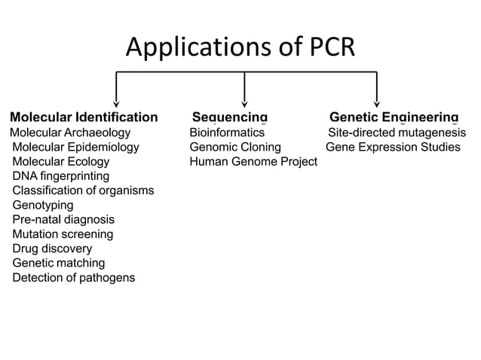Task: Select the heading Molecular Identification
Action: pyautogui.click(x=84, y=117)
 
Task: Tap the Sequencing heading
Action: pyautogui.click(x=229, y=117)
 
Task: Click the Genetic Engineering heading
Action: pyautogui.click(x=394, y=117)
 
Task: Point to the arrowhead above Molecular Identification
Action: pyautogui.click(x=115, y=103)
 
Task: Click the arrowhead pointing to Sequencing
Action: pyautogui.click(x=244, y=103)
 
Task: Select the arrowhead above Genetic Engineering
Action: pyautogui.click(x=376, y=103)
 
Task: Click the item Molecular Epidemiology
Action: pyautogui.click(x=75, y=147)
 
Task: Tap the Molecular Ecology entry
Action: pyautogui.click(x=60, y=162)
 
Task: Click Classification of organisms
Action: pyautogui.click(x=83, y=191)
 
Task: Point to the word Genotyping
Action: pyautogui.click(x=43, y=205)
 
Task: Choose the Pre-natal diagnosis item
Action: pyautogui.click(x=63, y=220)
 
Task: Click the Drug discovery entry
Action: pyautogui.click(x=52, y=249)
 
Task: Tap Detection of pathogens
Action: pyautogui.click(x=74, y=278)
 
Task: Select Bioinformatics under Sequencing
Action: pyautogui.click(x=226, y=133)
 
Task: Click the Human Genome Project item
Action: pyautogui.click(x=253, y=162)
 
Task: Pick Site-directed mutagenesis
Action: pyautogui.click(x=396, y=133)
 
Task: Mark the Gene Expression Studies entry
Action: pyautogui.click(x=392, y=147)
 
